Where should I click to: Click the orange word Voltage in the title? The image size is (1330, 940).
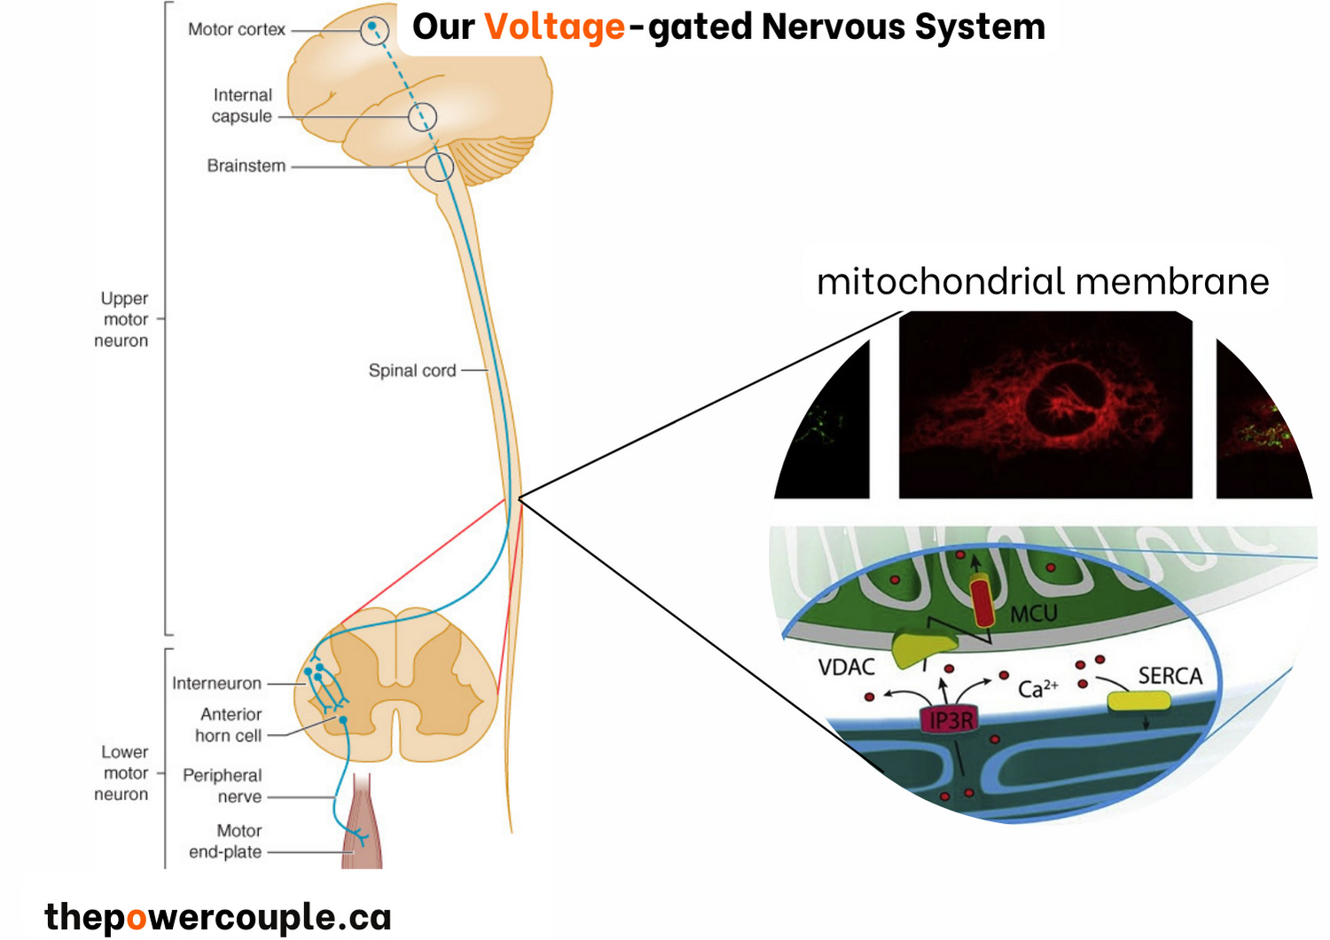tap(554, 27)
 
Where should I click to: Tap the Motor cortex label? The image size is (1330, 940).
tap(237, 29)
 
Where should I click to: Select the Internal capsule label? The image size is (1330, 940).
tap(242, 106)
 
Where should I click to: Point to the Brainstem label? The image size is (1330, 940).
tap(246, 166)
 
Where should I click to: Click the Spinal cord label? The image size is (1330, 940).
tap(412, 371)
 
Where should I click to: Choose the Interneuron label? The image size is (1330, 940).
tap(217, 684)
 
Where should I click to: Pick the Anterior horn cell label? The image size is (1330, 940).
tap(229, 725)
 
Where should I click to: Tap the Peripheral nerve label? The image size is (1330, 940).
tap(223, 786)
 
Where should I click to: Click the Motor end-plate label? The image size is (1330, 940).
tap(226, 842)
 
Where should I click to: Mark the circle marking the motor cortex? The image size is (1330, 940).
tap(374, 31)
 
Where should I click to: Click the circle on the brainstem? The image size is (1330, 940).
tap(439, 167)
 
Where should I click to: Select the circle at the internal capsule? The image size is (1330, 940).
tap(422, 117)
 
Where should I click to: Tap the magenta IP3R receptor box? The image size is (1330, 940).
tap(950, 720)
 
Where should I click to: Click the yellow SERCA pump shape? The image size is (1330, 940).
tap(1139, 701)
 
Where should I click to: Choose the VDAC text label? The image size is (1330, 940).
tap(846, 667)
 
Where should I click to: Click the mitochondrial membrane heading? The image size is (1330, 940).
tap(1043, 282)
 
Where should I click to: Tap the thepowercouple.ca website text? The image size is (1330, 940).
tap(218, 917)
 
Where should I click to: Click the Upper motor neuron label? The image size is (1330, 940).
tap(122, 319)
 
